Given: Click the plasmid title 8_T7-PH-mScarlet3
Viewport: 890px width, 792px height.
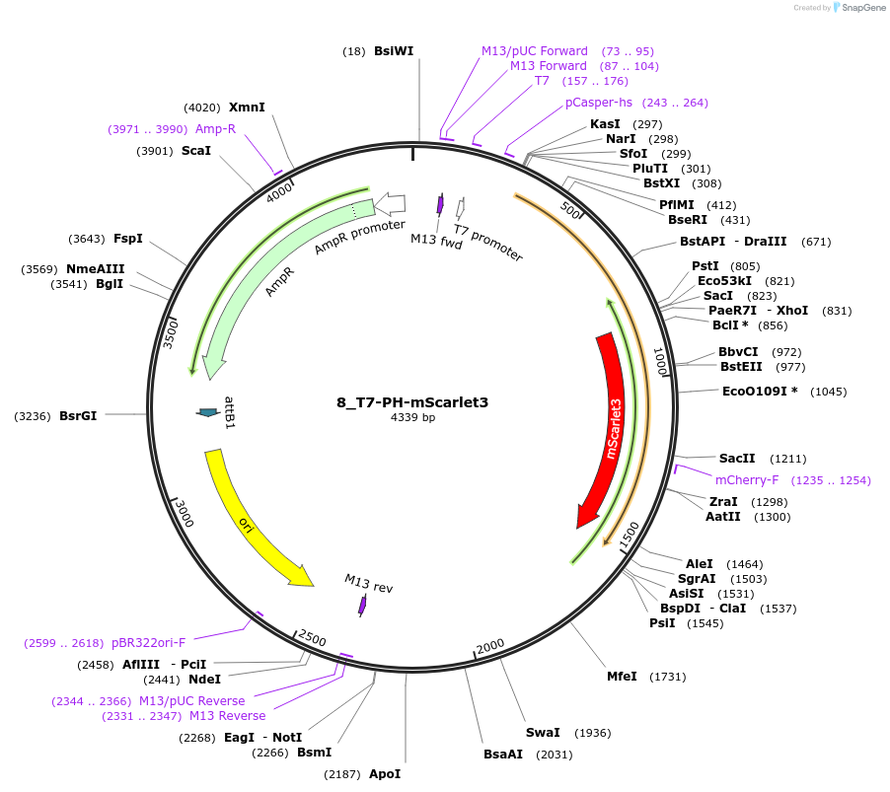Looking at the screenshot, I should (x=411, y=402).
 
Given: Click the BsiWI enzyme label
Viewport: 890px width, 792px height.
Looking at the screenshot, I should (x=393, y=50).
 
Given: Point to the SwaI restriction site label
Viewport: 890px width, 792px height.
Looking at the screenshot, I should (x=543, y=733).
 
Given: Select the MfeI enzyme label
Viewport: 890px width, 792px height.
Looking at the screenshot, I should (x=622, y=677).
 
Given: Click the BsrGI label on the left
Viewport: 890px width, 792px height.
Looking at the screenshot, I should (x=78, y=416).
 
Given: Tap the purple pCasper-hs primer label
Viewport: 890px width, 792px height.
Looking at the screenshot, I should (x=598, y=103).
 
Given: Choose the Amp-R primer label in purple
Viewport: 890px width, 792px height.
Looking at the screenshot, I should (x=215, y=129).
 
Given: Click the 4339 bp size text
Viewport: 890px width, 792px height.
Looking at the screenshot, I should (x=412, y=418).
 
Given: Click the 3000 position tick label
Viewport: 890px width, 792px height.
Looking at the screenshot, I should (x=185, y=513).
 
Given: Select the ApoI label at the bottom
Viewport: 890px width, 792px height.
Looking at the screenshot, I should (x=385, y=774).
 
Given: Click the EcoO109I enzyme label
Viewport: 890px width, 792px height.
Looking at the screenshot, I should (x=760, y=392).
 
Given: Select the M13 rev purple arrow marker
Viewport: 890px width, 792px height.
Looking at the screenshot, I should (x=362, y=606).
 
